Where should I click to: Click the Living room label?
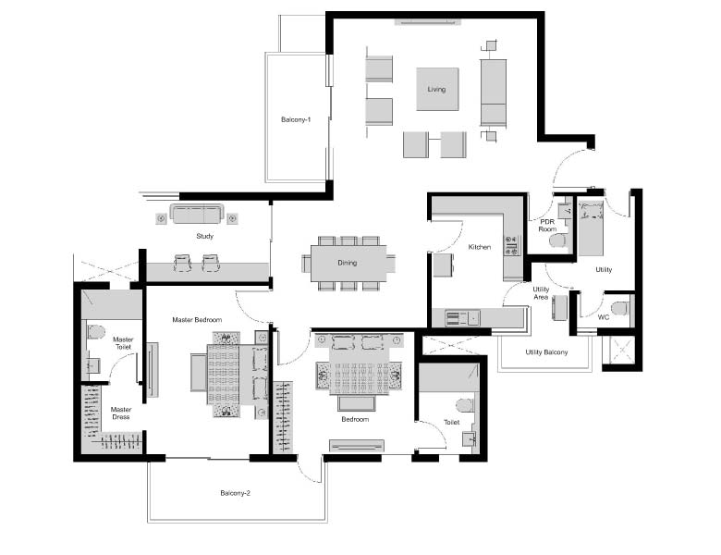(436, 90)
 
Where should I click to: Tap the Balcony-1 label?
(296, 119)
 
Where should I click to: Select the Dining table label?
(348, 263)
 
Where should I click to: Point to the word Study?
(204, 236)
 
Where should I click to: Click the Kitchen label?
(479, 247)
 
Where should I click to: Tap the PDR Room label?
(547, 226)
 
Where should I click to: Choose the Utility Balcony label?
(546, 352)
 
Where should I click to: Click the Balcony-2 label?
(235, 493)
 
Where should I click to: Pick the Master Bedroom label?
(197, 319)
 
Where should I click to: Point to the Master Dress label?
(121, 413)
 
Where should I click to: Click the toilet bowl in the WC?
(619, 308)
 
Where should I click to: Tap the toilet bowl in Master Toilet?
(96, 331)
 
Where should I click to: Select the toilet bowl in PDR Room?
(557, 240)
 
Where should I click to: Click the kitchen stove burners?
(511, 246)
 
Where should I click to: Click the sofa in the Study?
(196, 214)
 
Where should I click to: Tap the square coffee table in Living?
(437, 90)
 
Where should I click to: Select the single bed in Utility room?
(591, 228)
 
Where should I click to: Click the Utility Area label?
(541, 293)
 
